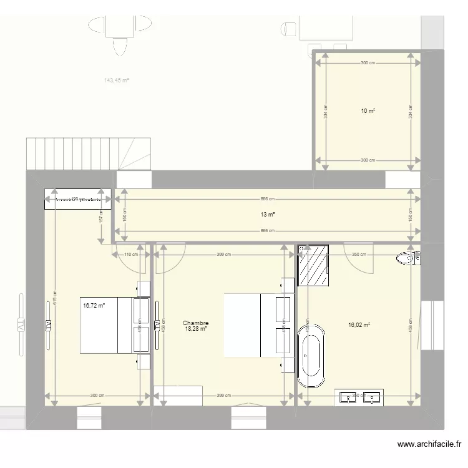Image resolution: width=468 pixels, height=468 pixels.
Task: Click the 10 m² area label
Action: (x=368, y=111)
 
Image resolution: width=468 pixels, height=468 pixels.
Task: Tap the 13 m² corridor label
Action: (x=268, y=215)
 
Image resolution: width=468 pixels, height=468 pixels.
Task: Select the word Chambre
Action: (x=195, y=323)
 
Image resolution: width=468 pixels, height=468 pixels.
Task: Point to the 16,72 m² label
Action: (x=94, y=306)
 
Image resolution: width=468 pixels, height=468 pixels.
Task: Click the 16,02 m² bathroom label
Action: (x=359, y=324)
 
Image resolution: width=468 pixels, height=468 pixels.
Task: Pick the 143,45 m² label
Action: (x=116, y=80)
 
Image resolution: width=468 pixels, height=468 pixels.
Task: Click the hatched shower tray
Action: (x=314, y=265)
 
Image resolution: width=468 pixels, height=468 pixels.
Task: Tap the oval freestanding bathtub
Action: (x=310, y=356)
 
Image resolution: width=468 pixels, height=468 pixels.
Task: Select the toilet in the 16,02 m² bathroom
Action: (x=409, y=257)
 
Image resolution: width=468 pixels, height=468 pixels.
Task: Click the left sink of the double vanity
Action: (x=347, y=396)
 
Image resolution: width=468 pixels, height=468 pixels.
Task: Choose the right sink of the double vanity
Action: (x=373, y=396)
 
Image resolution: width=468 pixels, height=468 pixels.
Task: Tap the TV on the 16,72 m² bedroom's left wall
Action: (x=47, y=324)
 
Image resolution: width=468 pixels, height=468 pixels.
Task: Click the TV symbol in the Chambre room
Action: (x=157, y=324)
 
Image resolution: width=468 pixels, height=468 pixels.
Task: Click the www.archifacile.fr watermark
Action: (x=429, y=444)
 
